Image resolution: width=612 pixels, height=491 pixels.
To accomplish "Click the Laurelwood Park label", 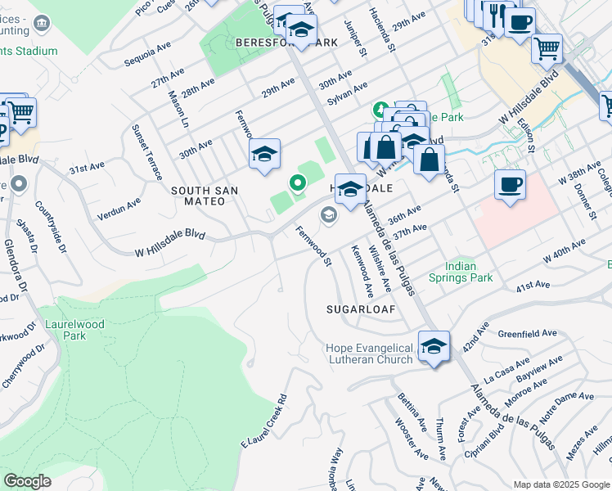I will click(x=74, y=330).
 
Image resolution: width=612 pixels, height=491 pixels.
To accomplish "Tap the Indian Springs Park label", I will click(x=469, y=272).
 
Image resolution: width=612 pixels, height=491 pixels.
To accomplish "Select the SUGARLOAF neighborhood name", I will click(x=361, y=310).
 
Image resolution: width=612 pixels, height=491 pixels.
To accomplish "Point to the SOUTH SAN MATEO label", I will click(x=205, y=196).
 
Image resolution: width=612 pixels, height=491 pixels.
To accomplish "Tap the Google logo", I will click(x=27, y=481).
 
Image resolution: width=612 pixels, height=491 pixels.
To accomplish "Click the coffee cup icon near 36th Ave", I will click(x=510, y=184).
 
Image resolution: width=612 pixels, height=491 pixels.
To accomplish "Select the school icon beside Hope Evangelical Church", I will click(x=434, y=345).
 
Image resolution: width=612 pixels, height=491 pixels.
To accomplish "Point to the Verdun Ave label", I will click(x=119, y=211).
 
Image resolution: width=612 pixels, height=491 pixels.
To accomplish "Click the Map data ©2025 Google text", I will click(x=560, y=484).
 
